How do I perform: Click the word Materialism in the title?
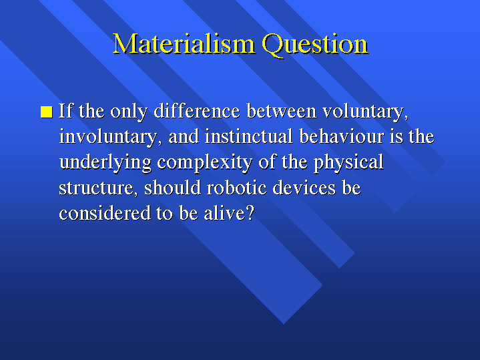184,44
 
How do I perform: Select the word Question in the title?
315,45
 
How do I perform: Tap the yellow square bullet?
47,112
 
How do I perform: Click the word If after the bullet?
65,111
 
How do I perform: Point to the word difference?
197,111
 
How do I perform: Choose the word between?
281,111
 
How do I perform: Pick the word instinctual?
248,136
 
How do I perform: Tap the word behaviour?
341,136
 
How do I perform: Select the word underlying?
105,163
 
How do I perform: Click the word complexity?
204,163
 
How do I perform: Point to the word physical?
348,163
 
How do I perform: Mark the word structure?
96,188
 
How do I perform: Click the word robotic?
236,188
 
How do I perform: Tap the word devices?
304,188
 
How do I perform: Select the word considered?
105,213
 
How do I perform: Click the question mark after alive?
250,213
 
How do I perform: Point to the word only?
129,112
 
